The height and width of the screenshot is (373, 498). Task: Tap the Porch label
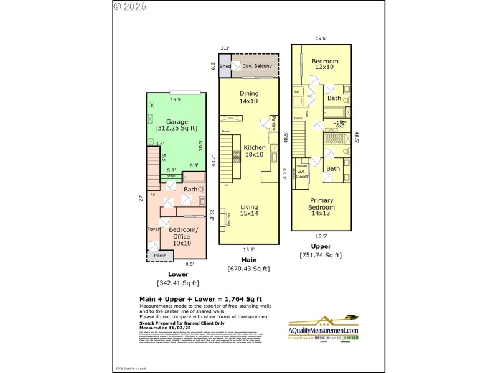[x=160, y=255]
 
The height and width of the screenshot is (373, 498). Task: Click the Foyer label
[x=153, y=229]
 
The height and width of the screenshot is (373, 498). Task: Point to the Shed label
[x=225, y=66]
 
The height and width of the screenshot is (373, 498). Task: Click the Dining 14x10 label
[x=249, y=98]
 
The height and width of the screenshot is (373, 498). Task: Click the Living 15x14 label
[x=249, y=210]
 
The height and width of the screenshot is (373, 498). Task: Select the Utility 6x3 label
[x=339, y=124]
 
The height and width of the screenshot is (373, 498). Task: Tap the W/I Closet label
[x=301, y=174]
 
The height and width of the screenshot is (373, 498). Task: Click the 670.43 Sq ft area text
[x=248, y=269]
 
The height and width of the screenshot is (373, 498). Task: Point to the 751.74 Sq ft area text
[x=321, y=255]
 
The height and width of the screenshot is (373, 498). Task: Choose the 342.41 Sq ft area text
[x=177, y=283]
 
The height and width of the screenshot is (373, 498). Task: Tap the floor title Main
[x=248, y=260]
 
